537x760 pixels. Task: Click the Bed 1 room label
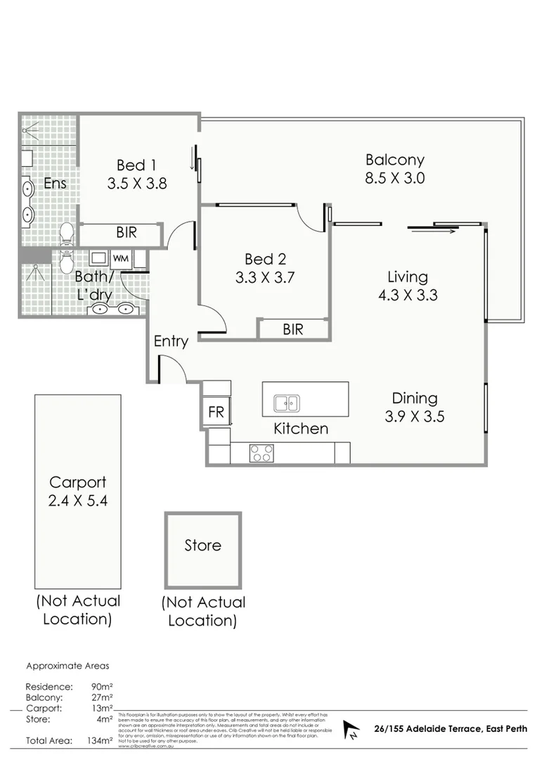[136, 165]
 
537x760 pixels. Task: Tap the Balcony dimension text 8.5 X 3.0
[394, 178]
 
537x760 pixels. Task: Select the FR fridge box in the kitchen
[216, 412]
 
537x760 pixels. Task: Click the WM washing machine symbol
[120, 258]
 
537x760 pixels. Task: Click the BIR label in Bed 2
[292, 329]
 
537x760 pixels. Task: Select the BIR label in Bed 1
[126, 232]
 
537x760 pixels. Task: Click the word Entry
[171, 341]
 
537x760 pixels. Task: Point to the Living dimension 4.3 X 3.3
[407, 295]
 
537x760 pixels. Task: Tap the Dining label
[415, 398]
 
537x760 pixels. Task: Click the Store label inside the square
[202, 545]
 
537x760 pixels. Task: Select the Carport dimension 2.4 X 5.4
[77, 501]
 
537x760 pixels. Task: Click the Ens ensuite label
[55, 184]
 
